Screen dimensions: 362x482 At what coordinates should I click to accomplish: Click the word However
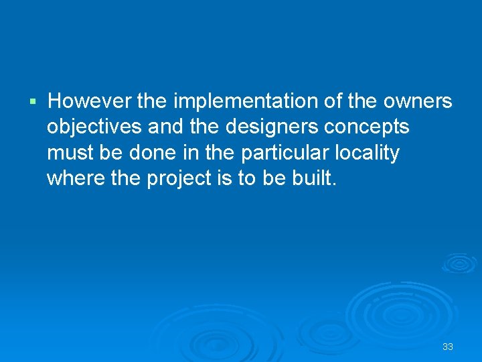coord(90,101)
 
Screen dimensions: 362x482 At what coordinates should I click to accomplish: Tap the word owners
coord(418,101)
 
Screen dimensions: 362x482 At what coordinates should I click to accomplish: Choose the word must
coord(68,153)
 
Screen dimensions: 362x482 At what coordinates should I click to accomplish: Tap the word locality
coord(368,153)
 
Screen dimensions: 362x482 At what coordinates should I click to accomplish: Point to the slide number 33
coord(448,347)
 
